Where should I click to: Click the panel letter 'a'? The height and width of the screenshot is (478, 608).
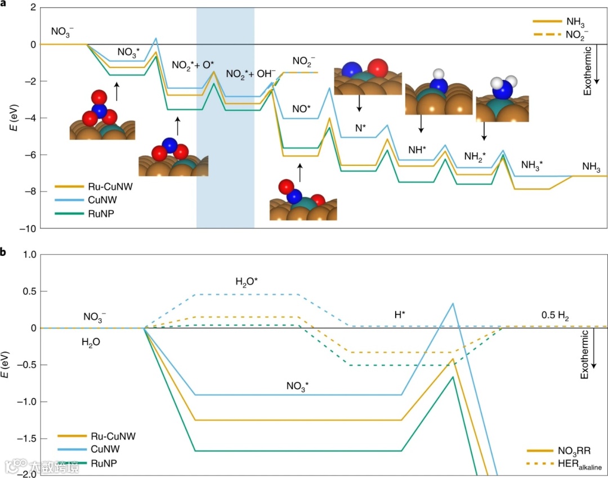pyautogui.click(x=4, y=4)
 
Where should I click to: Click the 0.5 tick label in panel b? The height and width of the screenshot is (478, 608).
pyautogui.click(x=28, y=291)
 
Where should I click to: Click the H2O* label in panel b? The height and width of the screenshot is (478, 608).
pyautogui.click(x=247, y=280)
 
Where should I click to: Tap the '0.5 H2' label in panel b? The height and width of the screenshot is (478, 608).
pyautogui.click(x=555, y=317)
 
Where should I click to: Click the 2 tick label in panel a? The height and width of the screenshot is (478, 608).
pyautogui.click(x=33, y=8)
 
